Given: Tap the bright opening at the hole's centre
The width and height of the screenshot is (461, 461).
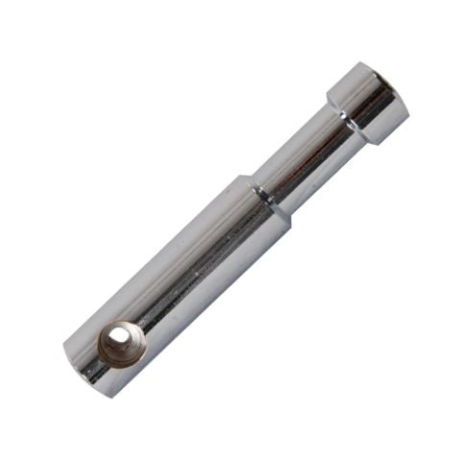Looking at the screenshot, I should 119,338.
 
